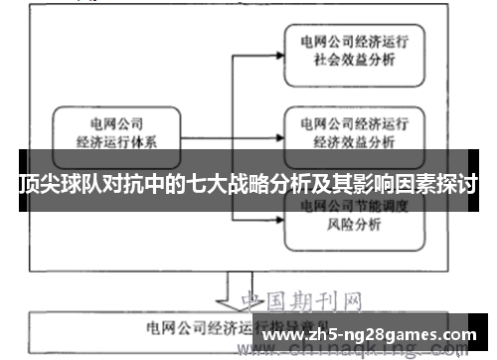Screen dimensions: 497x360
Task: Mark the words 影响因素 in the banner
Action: coord(389,185)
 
